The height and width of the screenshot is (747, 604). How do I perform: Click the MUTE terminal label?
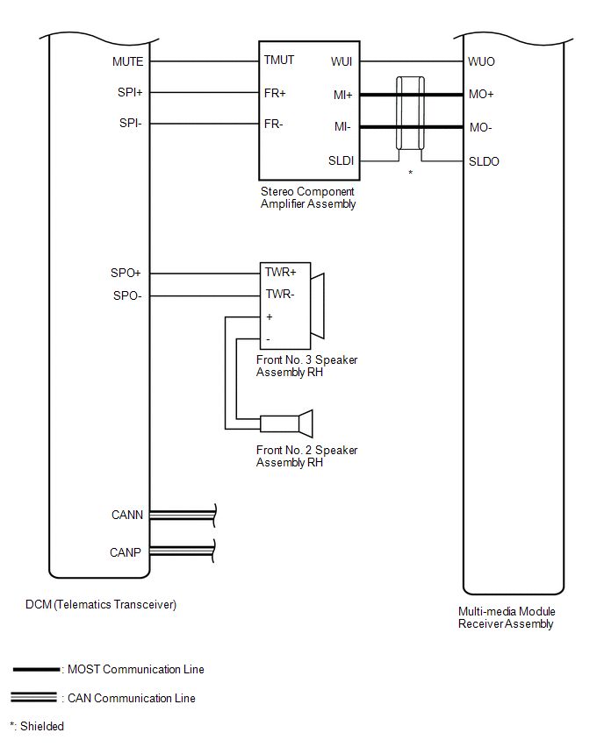pos(127,61)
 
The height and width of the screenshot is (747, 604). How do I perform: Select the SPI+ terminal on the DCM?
pos(130,92)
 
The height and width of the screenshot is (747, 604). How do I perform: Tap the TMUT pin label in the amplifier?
pos(279,61)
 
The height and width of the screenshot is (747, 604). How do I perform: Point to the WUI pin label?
pos(342,61)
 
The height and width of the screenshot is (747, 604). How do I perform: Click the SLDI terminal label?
pos(341,161)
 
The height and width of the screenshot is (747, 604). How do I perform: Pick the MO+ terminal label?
pos(481,93)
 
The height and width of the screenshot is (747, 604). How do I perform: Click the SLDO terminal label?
pos(484,161)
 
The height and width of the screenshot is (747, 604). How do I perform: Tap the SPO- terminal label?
pos(127,295)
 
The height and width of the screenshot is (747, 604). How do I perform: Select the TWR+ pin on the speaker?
pos(280,273)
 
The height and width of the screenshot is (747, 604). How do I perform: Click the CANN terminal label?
pos(127,515)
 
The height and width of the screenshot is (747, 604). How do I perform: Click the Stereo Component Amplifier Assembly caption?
pos(307,197)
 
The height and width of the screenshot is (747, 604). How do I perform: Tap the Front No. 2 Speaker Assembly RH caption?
pos(306,456)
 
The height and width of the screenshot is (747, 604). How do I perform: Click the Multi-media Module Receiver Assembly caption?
pos(507,617)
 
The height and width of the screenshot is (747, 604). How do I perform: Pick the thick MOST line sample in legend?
pos(36,670)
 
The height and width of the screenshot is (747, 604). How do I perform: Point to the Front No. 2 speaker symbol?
pos(286,424)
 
